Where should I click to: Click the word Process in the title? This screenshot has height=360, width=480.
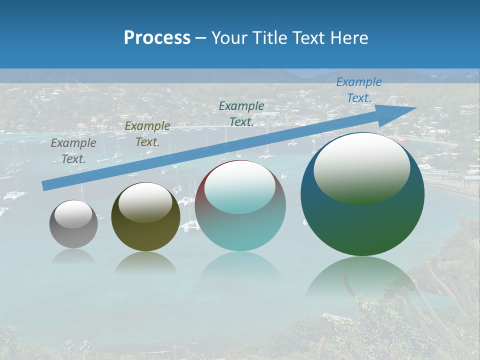tap(157, 38)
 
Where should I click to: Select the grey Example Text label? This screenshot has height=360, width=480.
tap(73, 150)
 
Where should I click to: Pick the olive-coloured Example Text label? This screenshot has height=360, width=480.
tap(147, 133)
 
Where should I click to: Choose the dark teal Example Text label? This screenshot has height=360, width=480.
tap(241, 113)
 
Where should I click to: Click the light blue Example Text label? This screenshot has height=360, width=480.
tap(358, 90)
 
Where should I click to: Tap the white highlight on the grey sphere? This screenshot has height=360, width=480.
tap(73, 214)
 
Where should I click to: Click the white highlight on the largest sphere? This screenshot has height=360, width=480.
tap(361, 167)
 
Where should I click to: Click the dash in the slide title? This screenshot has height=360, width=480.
tap(200, 38)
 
